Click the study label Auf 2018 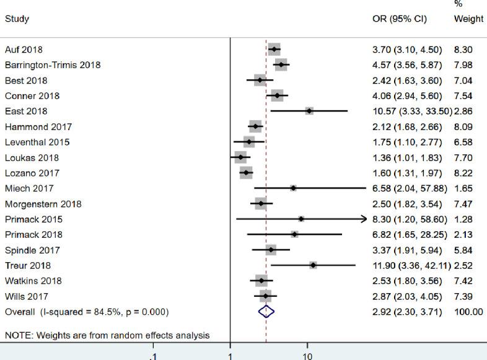coord(24,50)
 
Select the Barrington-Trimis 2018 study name coord(53,65)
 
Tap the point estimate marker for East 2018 coord(309,111)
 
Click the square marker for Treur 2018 coord(314,265)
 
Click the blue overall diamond coord(266,312)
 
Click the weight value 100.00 coord(468,312)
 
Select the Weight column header coord(468,19)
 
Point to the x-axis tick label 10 coord(307,356)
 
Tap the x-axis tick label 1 coord(230,356)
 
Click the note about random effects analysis coord(107,336)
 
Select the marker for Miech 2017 coord(293,188)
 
